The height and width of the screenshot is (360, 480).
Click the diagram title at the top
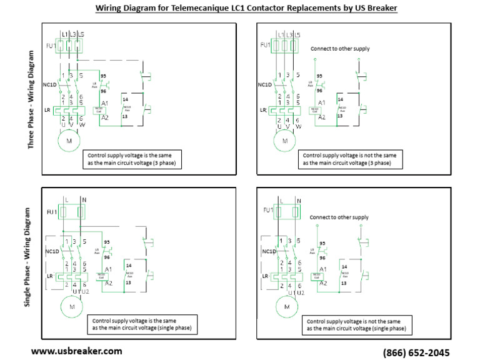pos(246,8)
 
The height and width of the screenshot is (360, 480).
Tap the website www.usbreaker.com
pos(76,351)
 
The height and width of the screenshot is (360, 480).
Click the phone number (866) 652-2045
pos(416,352)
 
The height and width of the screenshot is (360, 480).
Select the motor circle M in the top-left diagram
pos(69,141)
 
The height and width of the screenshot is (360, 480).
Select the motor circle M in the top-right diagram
pos(285,141)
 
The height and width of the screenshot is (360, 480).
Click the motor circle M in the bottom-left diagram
pos(71,306)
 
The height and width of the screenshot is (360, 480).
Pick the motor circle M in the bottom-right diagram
pos(287,307)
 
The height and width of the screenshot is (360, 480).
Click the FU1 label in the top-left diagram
pos(49,45)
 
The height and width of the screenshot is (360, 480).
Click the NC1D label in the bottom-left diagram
pos(51,252)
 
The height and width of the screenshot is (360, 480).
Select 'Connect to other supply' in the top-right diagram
pos(340,49)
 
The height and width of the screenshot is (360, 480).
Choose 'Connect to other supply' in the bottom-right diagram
pos(339,217)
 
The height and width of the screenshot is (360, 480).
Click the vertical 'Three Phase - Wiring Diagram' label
pos(31,100)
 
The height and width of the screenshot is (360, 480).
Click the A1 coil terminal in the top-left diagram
pos(104,102)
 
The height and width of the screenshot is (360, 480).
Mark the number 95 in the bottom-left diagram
pos(107,241)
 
